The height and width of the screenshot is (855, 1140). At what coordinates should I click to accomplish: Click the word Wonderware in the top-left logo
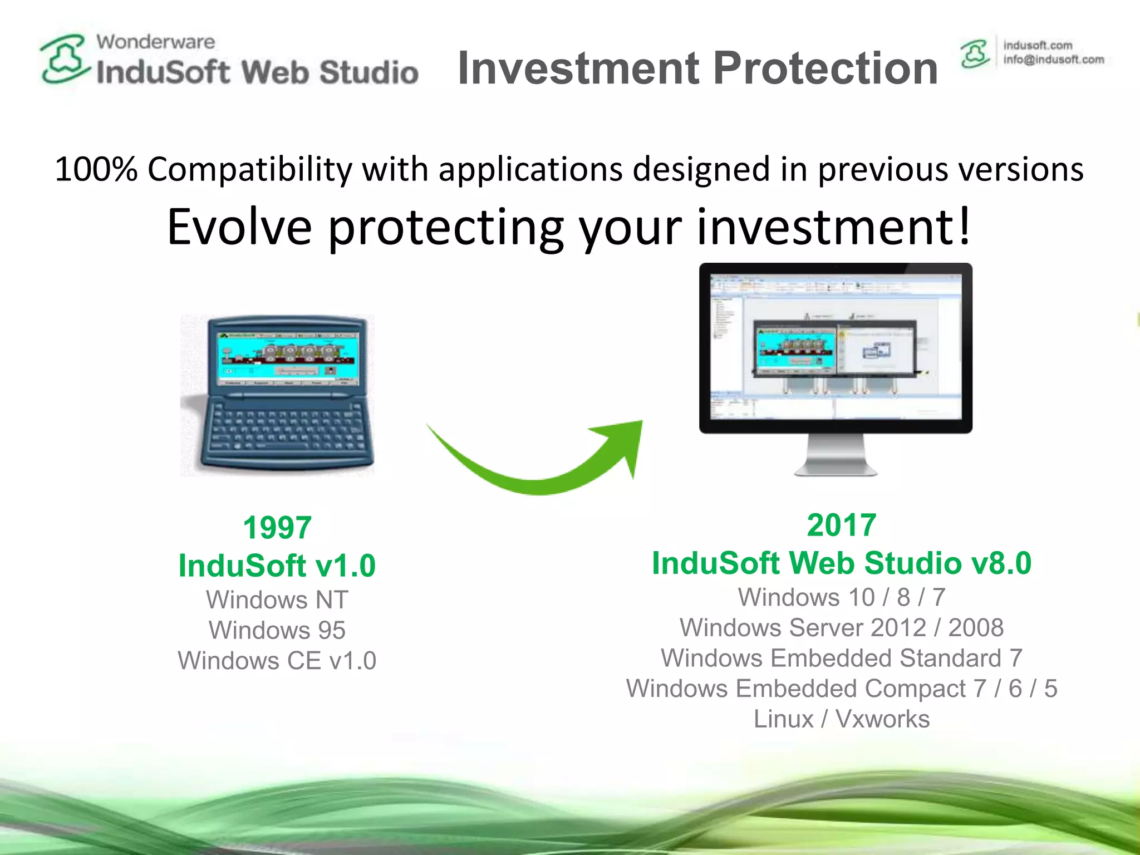click(x=155, y=42)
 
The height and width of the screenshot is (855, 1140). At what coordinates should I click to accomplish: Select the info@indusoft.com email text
click(x=1053, y=60)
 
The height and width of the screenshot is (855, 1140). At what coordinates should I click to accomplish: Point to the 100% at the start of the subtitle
click(x=96, y=169)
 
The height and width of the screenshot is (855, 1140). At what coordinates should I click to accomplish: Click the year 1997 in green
click(x=277, y=528)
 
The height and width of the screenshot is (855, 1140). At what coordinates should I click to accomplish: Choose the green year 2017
click(x=841, y=525)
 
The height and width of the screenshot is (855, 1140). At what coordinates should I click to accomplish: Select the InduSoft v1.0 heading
click(x=277, y=566)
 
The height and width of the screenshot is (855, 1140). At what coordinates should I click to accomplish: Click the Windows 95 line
click(x=277, y=630)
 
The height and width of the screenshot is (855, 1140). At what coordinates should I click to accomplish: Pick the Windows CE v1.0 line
click(x=277, y=661)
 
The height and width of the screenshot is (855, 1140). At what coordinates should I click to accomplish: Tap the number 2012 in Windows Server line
click(x=898, y=628)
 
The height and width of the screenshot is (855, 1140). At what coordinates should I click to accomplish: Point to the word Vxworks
click(x=882, y=719)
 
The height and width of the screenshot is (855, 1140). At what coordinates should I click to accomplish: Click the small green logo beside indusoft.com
click(x=975, y=54)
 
